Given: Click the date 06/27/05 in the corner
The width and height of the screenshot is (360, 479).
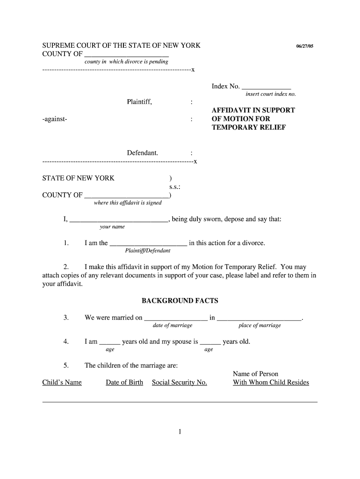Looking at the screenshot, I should click(x=307, y=47).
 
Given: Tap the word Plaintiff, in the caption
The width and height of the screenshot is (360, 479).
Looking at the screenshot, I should click(x=139, y=102).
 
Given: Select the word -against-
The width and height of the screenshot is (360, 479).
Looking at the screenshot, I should click(x=55, y=119).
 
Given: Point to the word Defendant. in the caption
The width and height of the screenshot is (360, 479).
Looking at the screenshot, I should click(x=142, y=153).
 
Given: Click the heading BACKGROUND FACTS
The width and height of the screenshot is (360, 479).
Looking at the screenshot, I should click(x=180, y=301).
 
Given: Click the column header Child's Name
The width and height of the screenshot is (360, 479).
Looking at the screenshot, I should click(x=62, y=383).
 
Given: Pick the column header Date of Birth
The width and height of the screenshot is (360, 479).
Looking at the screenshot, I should click(x=124, y=383).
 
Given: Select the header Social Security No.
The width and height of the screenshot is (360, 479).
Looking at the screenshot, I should click(x=180, y=383).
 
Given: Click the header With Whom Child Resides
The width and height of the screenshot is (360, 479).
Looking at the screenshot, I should click(x=271, y=383).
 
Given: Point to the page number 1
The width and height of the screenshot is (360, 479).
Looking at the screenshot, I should click(x=180, y=432).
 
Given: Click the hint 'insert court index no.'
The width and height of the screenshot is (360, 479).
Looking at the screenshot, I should click(x=271, y=94).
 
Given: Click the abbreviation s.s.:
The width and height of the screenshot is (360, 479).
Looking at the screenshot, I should click(x=175, y=187).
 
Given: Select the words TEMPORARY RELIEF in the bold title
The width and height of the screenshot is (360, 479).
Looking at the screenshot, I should click(x=248, y=128).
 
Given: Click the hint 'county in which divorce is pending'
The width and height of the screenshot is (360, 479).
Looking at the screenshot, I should click(x=126, y=62).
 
